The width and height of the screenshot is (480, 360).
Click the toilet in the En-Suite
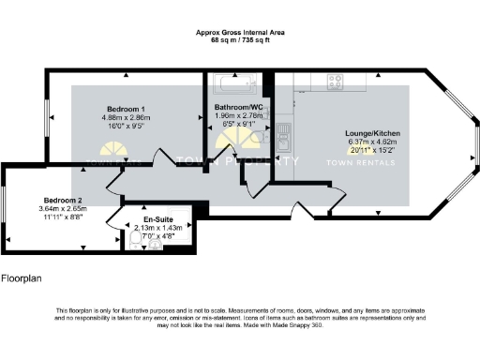[137, 242]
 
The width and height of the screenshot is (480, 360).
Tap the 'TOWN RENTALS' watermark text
[353, 161]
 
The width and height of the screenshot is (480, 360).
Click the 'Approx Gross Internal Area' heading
[239, 32]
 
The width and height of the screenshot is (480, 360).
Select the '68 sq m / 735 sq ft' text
[239, 39]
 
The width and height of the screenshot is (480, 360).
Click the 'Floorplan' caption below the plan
[22, 278]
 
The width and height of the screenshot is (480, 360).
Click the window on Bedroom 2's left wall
[5, 212]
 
